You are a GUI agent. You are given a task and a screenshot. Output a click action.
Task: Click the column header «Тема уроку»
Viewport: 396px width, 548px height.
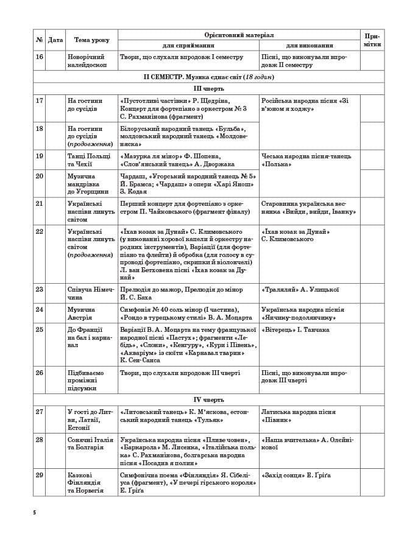click(x=91, y=40)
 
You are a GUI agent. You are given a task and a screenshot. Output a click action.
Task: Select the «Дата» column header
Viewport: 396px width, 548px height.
click(x=55, y=40)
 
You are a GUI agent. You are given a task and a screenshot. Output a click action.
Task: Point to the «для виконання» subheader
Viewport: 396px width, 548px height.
click(x=309, y=46)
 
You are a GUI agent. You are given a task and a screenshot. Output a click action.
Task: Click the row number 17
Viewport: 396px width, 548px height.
click(x=40, y=100)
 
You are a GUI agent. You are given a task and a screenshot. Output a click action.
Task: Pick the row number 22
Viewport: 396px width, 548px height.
click(x=40, y=232)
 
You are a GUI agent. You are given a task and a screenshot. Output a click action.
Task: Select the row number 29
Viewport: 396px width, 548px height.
click(x=40, y=474)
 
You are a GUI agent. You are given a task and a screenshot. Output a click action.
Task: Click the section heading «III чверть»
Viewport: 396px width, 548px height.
click(x=208, y=89)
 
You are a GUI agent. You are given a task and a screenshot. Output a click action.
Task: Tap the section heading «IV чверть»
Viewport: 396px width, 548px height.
click(x=208, y=400)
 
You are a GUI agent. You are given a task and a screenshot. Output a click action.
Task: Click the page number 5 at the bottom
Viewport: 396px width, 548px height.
click(x=35, y=512)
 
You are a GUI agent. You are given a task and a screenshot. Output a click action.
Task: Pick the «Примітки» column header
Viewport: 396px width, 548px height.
click(x=372, y=40)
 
